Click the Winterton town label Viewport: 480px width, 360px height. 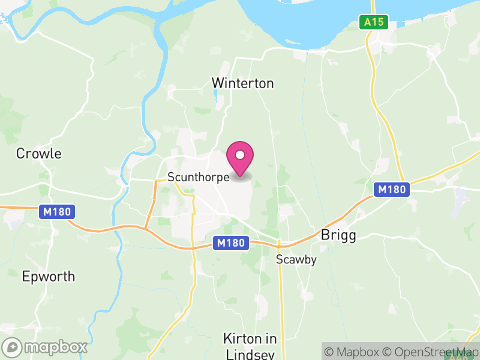click(x=243, y=83)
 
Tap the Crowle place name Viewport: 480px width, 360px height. click(x=39, y=154)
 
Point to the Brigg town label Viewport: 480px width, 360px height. click(x=339, y=235)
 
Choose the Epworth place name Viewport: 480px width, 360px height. click(x=49, y=277)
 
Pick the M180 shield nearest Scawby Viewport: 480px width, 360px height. click(x=230, y=243)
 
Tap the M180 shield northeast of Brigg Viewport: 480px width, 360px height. click(x=392, y=190)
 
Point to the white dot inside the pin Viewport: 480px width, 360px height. click(x=240, y=154)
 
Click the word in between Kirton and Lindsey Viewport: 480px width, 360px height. click(x=268, y=338)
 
